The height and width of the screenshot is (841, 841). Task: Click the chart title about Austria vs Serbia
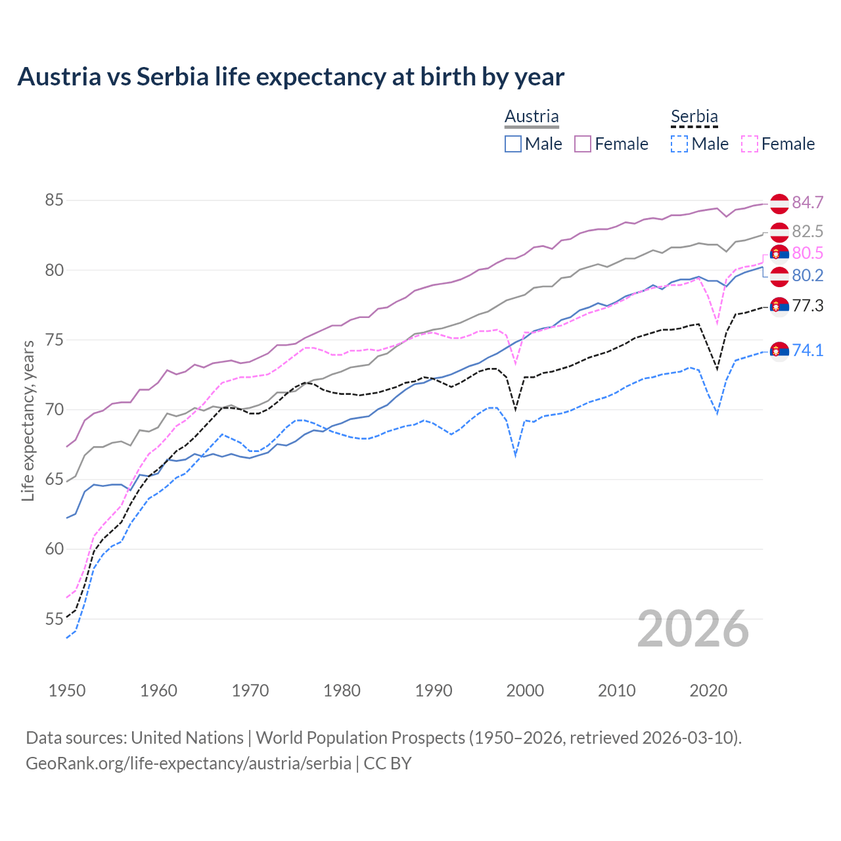click(x=290, y=77)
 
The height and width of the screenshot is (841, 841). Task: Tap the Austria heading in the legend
click(x=532, y=116)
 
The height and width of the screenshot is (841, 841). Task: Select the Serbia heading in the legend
click(x=694, y=116)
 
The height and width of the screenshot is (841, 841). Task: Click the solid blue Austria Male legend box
click(x=513, y=144)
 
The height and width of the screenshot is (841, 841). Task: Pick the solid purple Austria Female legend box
click(x=583, y=144)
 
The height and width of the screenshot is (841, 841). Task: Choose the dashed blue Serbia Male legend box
click(x=679, y=144)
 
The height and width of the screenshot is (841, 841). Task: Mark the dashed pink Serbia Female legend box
click(x=749, y=144)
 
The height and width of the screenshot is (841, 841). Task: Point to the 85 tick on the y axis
click(x=54, y=200)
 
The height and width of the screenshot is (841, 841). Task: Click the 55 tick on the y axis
click(x=54, y=619)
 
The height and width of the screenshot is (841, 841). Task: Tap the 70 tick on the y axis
click(x=54, y=409)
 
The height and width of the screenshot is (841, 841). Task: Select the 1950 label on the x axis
click(x=67, y=691)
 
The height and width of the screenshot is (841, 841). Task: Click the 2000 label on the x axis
click(x=525, y=691)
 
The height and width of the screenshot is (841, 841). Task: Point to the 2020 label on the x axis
click(x=708, y=691)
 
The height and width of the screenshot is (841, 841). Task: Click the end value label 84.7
click(x=807, y=202)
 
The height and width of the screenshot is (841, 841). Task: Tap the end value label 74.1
click(x=807, y=350)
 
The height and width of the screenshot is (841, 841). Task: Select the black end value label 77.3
click(x=807, y=306)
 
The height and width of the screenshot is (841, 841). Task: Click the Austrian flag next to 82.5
click(x=779, y=232)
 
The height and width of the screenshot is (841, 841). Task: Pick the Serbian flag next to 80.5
click(x=779, y=254)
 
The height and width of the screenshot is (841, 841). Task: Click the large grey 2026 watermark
click(x=693, y=629)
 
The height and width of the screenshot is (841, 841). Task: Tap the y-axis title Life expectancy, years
click(x=28, y=420)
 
